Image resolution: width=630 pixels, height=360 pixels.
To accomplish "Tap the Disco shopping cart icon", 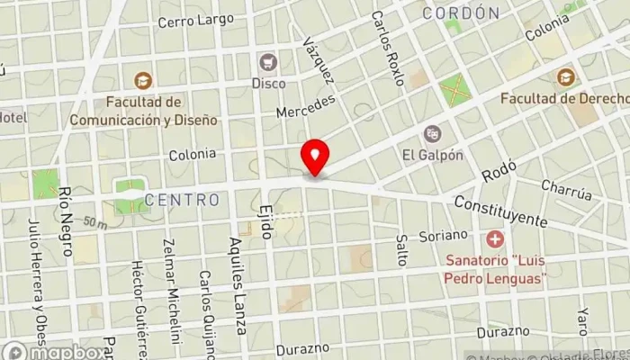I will (267, 62).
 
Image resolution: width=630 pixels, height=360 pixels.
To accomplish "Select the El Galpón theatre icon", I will (433, 133).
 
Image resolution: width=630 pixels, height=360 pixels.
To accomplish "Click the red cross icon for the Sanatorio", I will (494, 240).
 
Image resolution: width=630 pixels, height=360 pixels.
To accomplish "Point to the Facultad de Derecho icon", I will (566, 76).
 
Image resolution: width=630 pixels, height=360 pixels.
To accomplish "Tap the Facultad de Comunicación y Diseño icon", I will (140, 81).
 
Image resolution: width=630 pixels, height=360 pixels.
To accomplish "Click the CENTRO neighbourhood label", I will (182, 199).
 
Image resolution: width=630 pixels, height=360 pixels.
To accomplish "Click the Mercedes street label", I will (305, 105).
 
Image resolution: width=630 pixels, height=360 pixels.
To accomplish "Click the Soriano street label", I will (444, 235).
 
